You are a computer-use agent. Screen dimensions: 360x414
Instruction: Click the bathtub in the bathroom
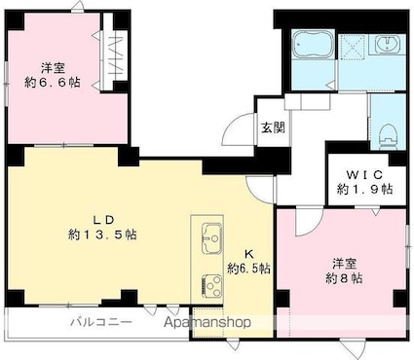pos(313,45)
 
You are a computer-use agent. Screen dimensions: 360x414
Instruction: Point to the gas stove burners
pos(212,283)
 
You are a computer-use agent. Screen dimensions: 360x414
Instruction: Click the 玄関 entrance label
pos(272,125)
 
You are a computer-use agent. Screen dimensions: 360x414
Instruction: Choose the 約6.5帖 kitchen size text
pos(249,267)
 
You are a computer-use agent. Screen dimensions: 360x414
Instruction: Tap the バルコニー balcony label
pos(94,321)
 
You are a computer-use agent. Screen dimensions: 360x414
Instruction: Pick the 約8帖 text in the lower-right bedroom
pos(346,277)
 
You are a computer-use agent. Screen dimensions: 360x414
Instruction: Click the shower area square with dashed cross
pos(354,44)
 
